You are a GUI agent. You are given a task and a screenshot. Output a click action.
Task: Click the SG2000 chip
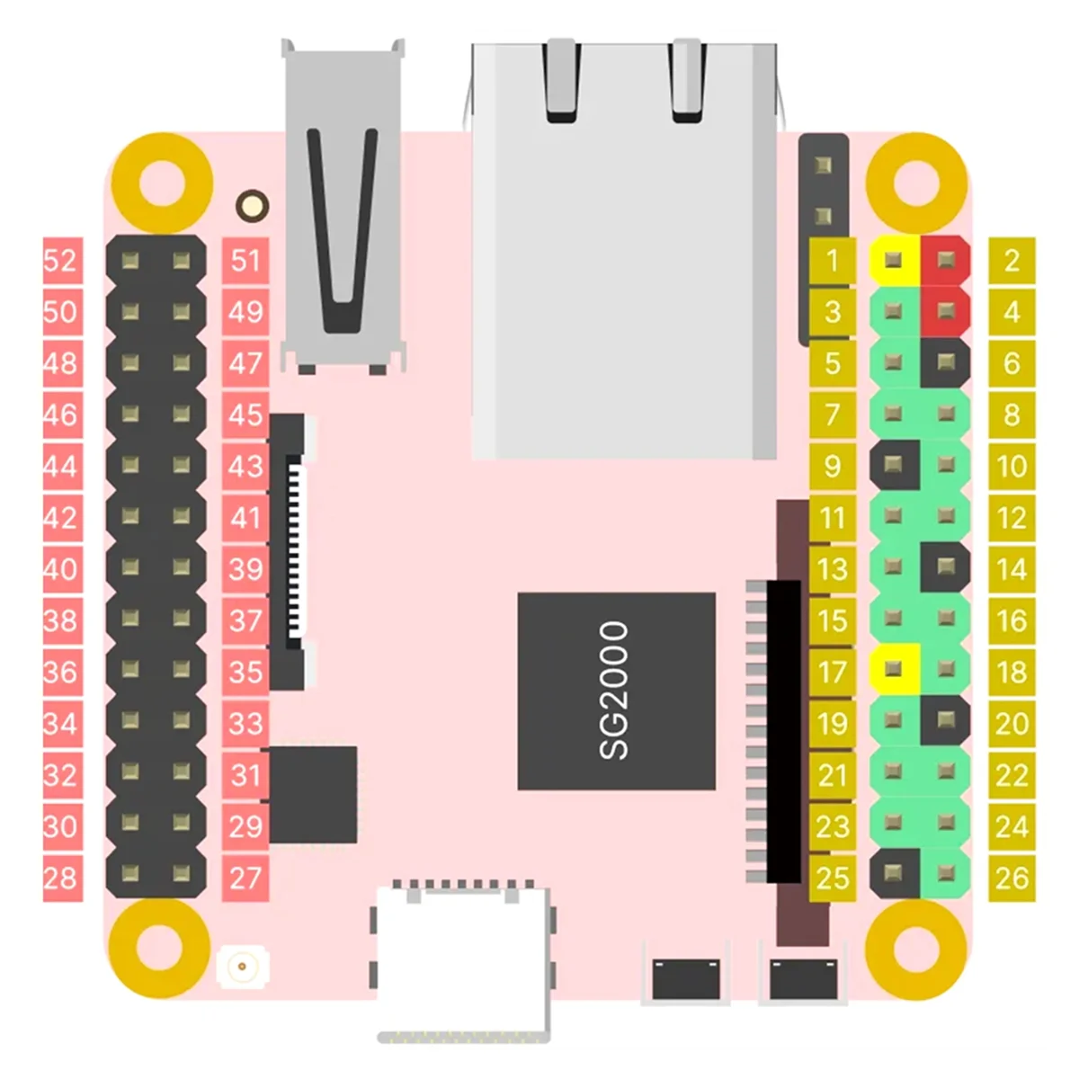tap(616, 691)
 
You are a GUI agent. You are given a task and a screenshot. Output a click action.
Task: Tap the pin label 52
tap(61, 261)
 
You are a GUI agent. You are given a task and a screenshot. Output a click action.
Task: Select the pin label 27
tap(245, 878)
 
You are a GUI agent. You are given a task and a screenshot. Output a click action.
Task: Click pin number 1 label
tap(833, 261)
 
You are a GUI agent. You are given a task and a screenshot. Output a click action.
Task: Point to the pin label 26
tap(1012, 878)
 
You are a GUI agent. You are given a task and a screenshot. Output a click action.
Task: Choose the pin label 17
tap(833, 672)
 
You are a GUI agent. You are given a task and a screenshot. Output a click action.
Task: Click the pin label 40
tap(61, 569)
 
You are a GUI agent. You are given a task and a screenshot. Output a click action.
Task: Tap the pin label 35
tap(245, 672)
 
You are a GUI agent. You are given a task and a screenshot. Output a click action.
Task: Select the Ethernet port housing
tap(624, 252)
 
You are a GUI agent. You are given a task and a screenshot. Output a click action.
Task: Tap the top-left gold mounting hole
tap(163, 183)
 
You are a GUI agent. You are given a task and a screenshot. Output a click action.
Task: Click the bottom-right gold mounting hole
tap(915, 946)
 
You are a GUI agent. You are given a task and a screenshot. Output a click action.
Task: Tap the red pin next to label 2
tap(945, 261)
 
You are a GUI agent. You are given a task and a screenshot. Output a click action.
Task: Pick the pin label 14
tap(1012, 569)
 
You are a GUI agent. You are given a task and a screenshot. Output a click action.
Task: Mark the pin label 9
tap(833, 466)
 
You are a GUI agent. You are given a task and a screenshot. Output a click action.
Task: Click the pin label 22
tap(1012, 775)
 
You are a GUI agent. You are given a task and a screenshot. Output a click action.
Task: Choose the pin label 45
tap(245, 415)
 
